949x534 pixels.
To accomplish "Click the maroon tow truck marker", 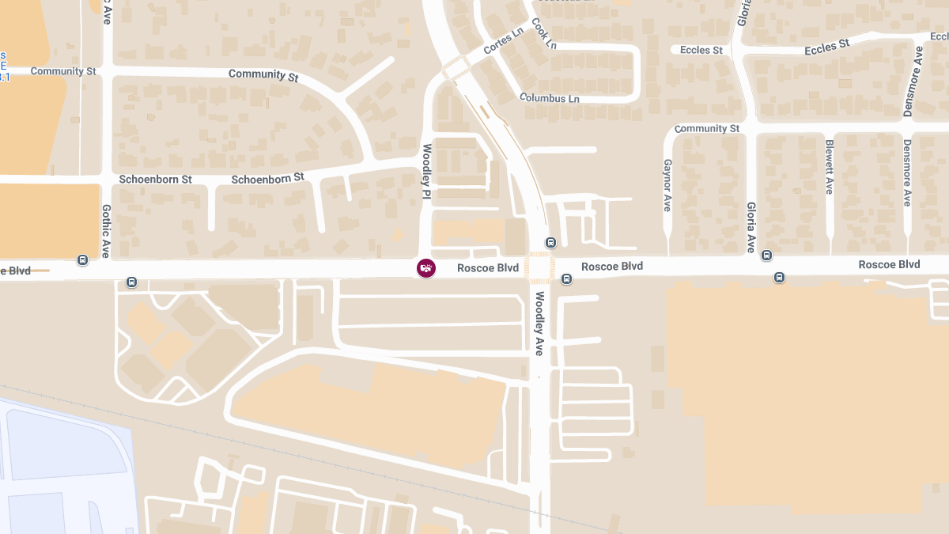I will click(x=426, y=268).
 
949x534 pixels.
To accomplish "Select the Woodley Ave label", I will click(x=539, y=324).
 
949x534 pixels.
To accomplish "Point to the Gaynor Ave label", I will click(x=667, y=185).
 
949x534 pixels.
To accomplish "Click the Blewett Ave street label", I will click(x=830, y=167).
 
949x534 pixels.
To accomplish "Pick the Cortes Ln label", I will click(x=504, y=43).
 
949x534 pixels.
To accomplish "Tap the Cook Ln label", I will click(x=544, y=33).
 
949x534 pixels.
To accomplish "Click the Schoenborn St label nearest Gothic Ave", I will click(x=156, y=180).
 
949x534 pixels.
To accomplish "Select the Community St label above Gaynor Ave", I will click(x=707, y=128).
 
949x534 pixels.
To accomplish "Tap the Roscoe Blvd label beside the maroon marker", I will click(x=488, y=268).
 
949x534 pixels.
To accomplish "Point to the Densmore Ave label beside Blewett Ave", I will click(x=907, y=173).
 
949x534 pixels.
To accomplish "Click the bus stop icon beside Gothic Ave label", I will click(x=83, y=259).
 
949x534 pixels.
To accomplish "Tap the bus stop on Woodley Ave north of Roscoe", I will click(x=551, y=243).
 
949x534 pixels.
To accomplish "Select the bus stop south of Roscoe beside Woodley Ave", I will click(x=566, y=278).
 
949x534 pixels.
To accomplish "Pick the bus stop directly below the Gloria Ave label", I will click(x=766, y=255).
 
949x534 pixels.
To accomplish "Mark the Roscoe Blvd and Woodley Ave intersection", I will click(x=540, y=267).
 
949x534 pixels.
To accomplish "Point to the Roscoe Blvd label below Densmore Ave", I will click(x=889, y=264).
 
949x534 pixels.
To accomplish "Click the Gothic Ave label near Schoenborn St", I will click(x=105, y=231).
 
